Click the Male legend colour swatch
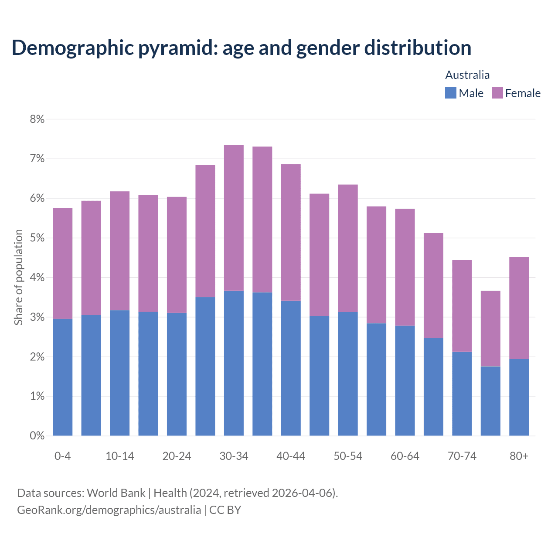pos(450,93)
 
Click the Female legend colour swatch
pos(497,93)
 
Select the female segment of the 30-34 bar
pos(234,218)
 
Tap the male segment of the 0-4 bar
pos(62,377)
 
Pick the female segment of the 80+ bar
pos(519,308)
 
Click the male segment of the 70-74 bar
pos(462,394)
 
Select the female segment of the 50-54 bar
pos(348,248)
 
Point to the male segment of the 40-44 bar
pos(291,368)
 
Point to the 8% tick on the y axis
pos(37,119)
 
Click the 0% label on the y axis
pos(37,436)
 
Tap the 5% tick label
pos(37,238)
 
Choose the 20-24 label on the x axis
pos(177,456)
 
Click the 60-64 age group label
pos(405,456)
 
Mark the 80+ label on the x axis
pos(519,456)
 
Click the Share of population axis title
pos(18,277)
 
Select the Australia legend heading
pos(467,75)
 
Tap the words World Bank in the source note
pos(116,493)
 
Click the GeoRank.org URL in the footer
pos(109,510)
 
